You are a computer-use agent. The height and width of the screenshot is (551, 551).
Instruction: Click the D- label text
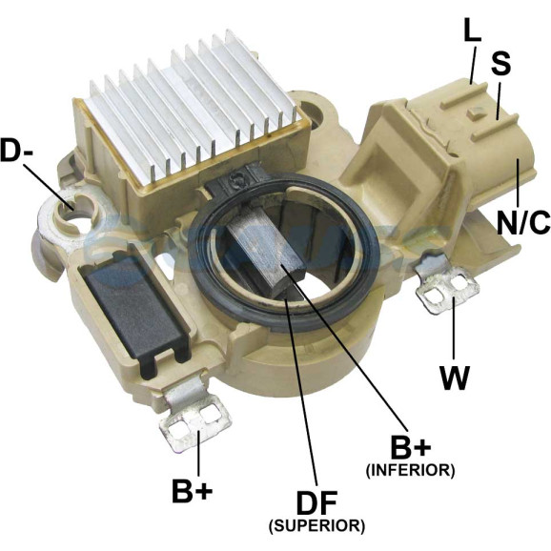coord(17,151)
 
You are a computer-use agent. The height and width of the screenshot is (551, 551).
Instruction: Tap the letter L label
coord(472,30)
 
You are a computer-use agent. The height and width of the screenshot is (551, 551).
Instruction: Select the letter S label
coord(500,63)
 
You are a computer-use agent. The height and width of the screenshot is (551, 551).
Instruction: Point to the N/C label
coord(523,222)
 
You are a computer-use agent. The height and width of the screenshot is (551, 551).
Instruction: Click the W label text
coord(455,378)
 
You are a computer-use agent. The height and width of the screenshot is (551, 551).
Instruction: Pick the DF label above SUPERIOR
coord(316,502)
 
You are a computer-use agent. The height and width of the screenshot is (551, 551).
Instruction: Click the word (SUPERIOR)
coord(316,526)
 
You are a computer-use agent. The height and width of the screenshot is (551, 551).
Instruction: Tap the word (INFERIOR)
coord(411,470)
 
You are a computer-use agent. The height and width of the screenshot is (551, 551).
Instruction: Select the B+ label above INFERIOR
coord(411,447)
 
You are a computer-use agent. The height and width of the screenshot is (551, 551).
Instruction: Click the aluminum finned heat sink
coord(193,106)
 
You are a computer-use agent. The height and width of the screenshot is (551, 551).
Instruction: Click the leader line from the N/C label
coord(518,183)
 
